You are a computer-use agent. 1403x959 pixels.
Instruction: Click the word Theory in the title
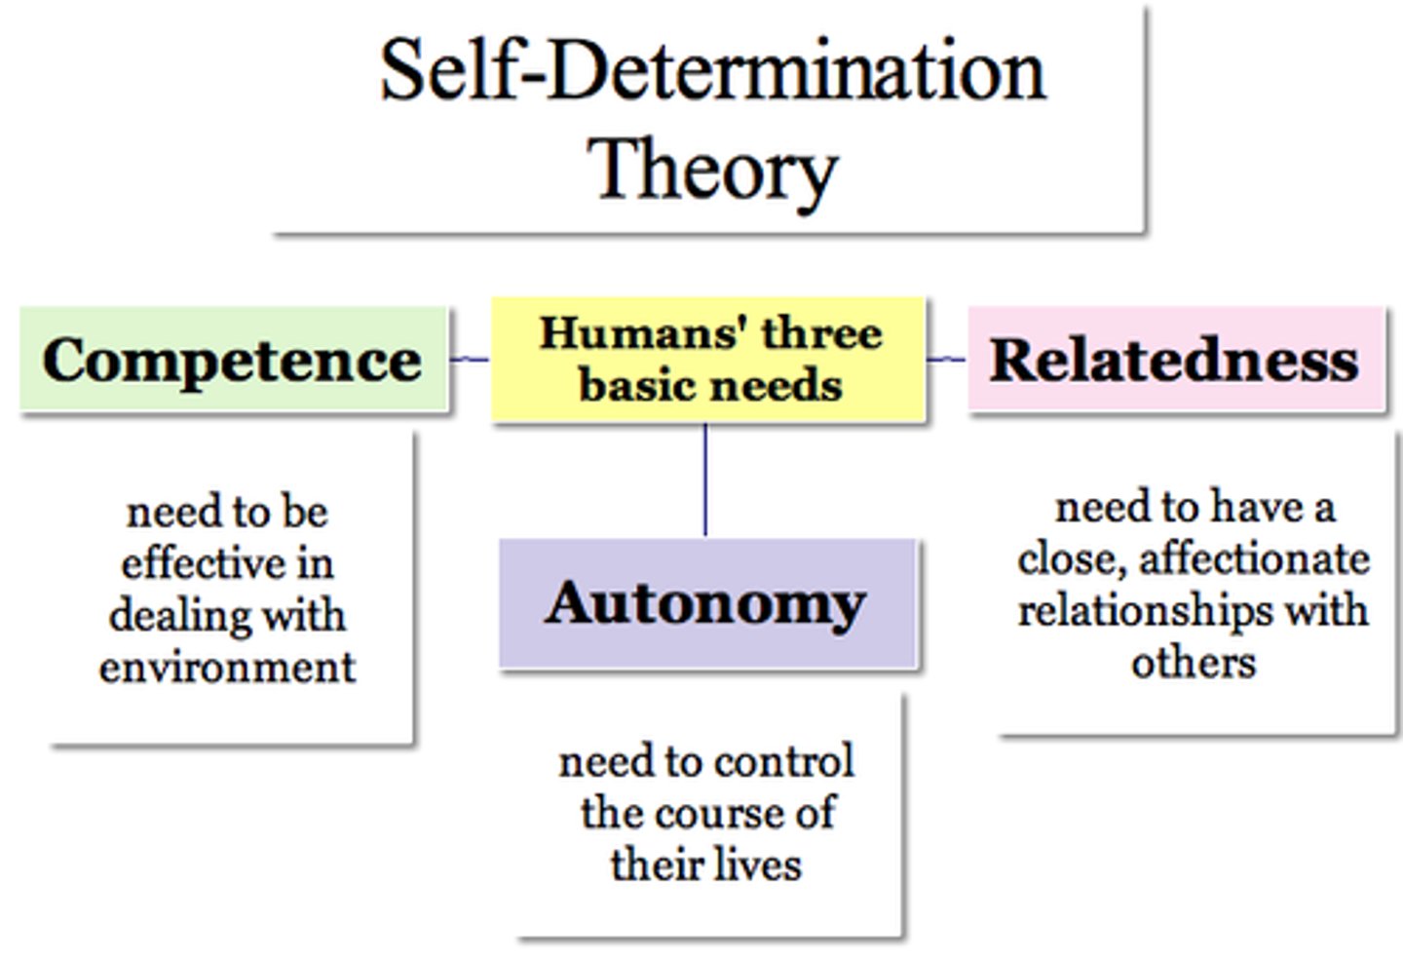point(712,171)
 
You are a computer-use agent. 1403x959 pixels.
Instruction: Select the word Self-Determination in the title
point(712,70)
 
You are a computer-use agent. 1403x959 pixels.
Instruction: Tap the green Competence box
point(233,360)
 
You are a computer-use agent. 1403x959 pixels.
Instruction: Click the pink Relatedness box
point(1174,360)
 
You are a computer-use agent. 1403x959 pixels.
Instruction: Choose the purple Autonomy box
point(707,602)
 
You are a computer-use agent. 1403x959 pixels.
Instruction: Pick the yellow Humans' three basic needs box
point(708,360)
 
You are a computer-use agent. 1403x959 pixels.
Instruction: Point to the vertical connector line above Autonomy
point(704,479)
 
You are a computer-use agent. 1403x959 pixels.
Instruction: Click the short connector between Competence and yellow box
point(470,360)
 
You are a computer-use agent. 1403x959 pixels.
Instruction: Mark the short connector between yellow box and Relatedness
point(945,360)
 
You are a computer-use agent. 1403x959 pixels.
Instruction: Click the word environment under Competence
point(227,668)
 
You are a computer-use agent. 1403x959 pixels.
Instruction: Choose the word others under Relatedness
point(1194,663)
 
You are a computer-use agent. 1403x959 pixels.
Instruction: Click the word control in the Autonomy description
point(785,761)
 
